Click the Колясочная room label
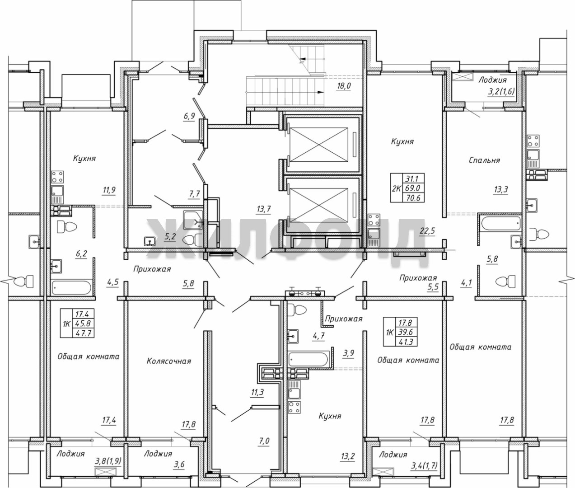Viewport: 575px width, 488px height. click(169, 361)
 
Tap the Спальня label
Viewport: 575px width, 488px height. click(484, 160)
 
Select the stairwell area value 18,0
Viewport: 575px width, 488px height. click(344, 86)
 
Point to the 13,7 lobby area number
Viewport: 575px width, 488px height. click(264, 209)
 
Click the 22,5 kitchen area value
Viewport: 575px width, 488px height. click(428, 230)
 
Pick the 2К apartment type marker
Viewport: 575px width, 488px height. click(396, 189)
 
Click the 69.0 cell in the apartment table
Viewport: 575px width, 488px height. click(412, 188)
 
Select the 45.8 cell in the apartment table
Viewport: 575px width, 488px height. click(83, 323)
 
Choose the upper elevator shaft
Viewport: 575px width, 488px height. click(319, 145)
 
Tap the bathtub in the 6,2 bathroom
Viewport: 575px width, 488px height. click(71, 287)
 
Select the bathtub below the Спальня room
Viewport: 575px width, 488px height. click(501, 223)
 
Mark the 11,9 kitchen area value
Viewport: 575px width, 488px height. click(109, 190)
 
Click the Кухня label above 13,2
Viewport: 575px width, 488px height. click(330, 416)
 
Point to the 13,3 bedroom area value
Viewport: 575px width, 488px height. click(501, 189)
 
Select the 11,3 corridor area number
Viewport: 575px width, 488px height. click(257, 392)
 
